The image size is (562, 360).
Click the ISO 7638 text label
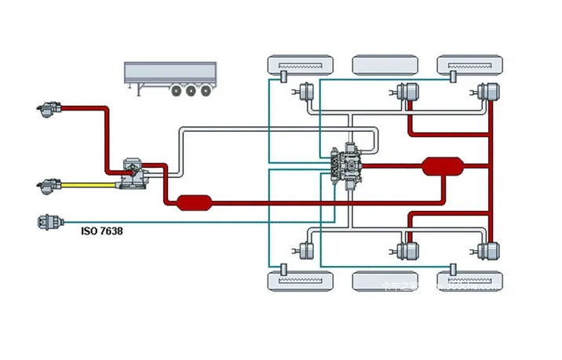click(x=102, y=231)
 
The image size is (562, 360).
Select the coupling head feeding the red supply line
click(x=49, y=108)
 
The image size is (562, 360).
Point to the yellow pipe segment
click(x=86, y=186)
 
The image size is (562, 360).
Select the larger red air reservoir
click(x=443, y=166)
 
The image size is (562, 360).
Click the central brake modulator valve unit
click(x=348, y=162)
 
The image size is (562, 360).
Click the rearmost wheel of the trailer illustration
click(x=206, y=91)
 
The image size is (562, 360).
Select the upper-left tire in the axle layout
click(x=301, y=64)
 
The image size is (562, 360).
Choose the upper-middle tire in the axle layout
click(x=385, y=64)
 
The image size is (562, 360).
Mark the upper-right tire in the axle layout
click(x=470, y=64)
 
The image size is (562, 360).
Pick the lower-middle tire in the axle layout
click(x=385, y=279)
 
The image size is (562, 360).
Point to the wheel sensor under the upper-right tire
click(x=453, y=78)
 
